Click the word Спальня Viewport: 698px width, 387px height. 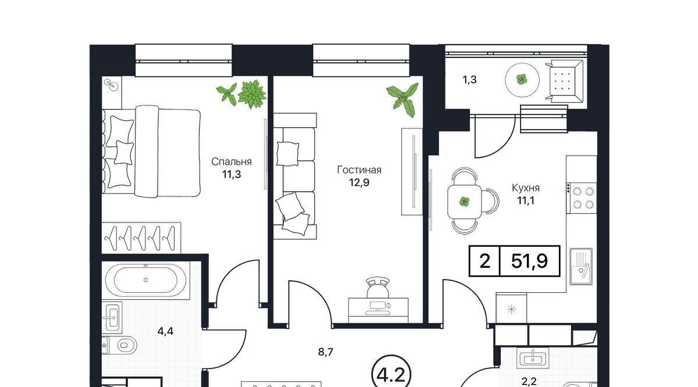coord(232,162)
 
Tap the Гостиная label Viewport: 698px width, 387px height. coord(359,170)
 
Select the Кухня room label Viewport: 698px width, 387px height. coord(526,188)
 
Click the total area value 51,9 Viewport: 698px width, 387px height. coord(529,261)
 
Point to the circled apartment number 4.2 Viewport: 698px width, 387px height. coord(391,375)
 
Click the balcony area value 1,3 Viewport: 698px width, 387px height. coord(469,80)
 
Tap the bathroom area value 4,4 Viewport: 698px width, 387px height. coord(165,331)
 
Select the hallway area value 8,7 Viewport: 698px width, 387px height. coord(326,352)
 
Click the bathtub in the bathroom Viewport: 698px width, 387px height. coord(146,280)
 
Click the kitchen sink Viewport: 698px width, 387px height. coord(581,267)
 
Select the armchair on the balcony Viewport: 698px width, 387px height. coord(564,81)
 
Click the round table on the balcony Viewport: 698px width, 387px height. coord(522,80)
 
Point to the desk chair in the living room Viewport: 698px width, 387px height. coord(378,288)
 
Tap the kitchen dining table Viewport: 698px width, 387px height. coord(465,202)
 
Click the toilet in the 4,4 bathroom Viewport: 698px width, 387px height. coord(123,345)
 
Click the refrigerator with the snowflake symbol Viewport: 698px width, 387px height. coord(511,308)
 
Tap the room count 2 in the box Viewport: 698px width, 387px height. coord(485,261)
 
